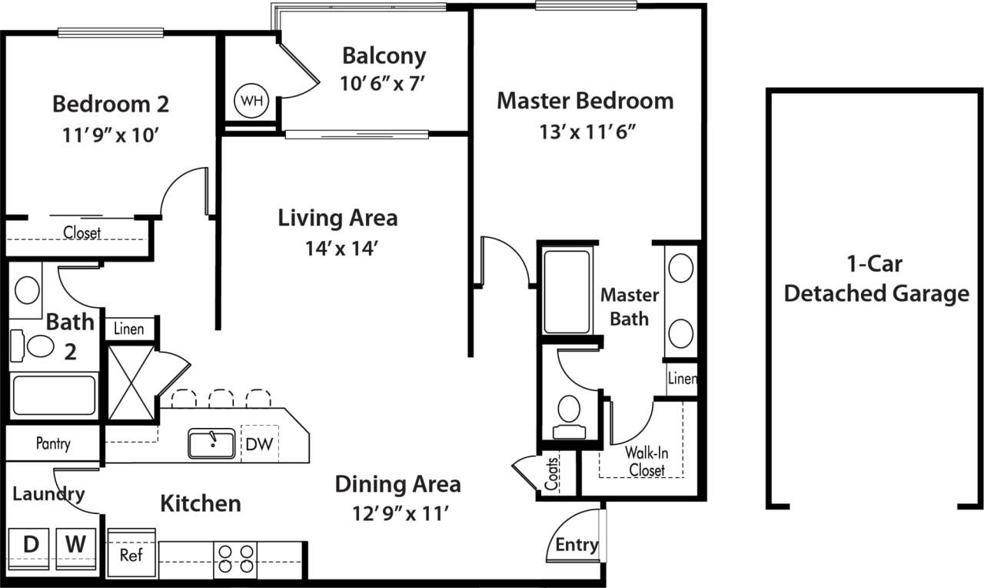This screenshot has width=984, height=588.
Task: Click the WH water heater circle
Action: coord(251,101)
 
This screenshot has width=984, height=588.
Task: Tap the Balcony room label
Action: coord(384,56)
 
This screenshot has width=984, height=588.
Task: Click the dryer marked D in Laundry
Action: coord(30,546)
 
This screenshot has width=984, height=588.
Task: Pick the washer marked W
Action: coord(75,546)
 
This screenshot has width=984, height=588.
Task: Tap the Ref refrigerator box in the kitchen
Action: coord(131,554)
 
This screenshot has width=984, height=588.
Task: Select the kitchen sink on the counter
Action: coord(212,444)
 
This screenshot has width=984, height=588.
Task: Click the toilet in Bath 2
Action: coord(34,346)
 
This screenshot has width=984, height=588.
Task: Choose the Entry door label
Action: coord(577,545)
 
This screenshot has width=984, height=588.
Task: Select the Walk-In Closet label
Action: coord(647,460)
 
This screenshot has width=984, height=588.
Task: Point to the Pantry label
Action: coord(53,444)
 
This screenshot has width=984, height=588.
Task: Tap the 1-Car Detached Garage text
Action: coord(876,279)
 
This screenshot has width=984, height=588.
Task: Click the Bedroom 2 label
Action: coord(111,103)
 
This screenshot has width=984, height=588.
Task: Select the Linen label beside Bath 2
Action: coord(128,329)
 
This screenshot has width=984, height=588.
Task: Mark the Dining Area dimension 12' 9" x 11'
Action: coord(397,513)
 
